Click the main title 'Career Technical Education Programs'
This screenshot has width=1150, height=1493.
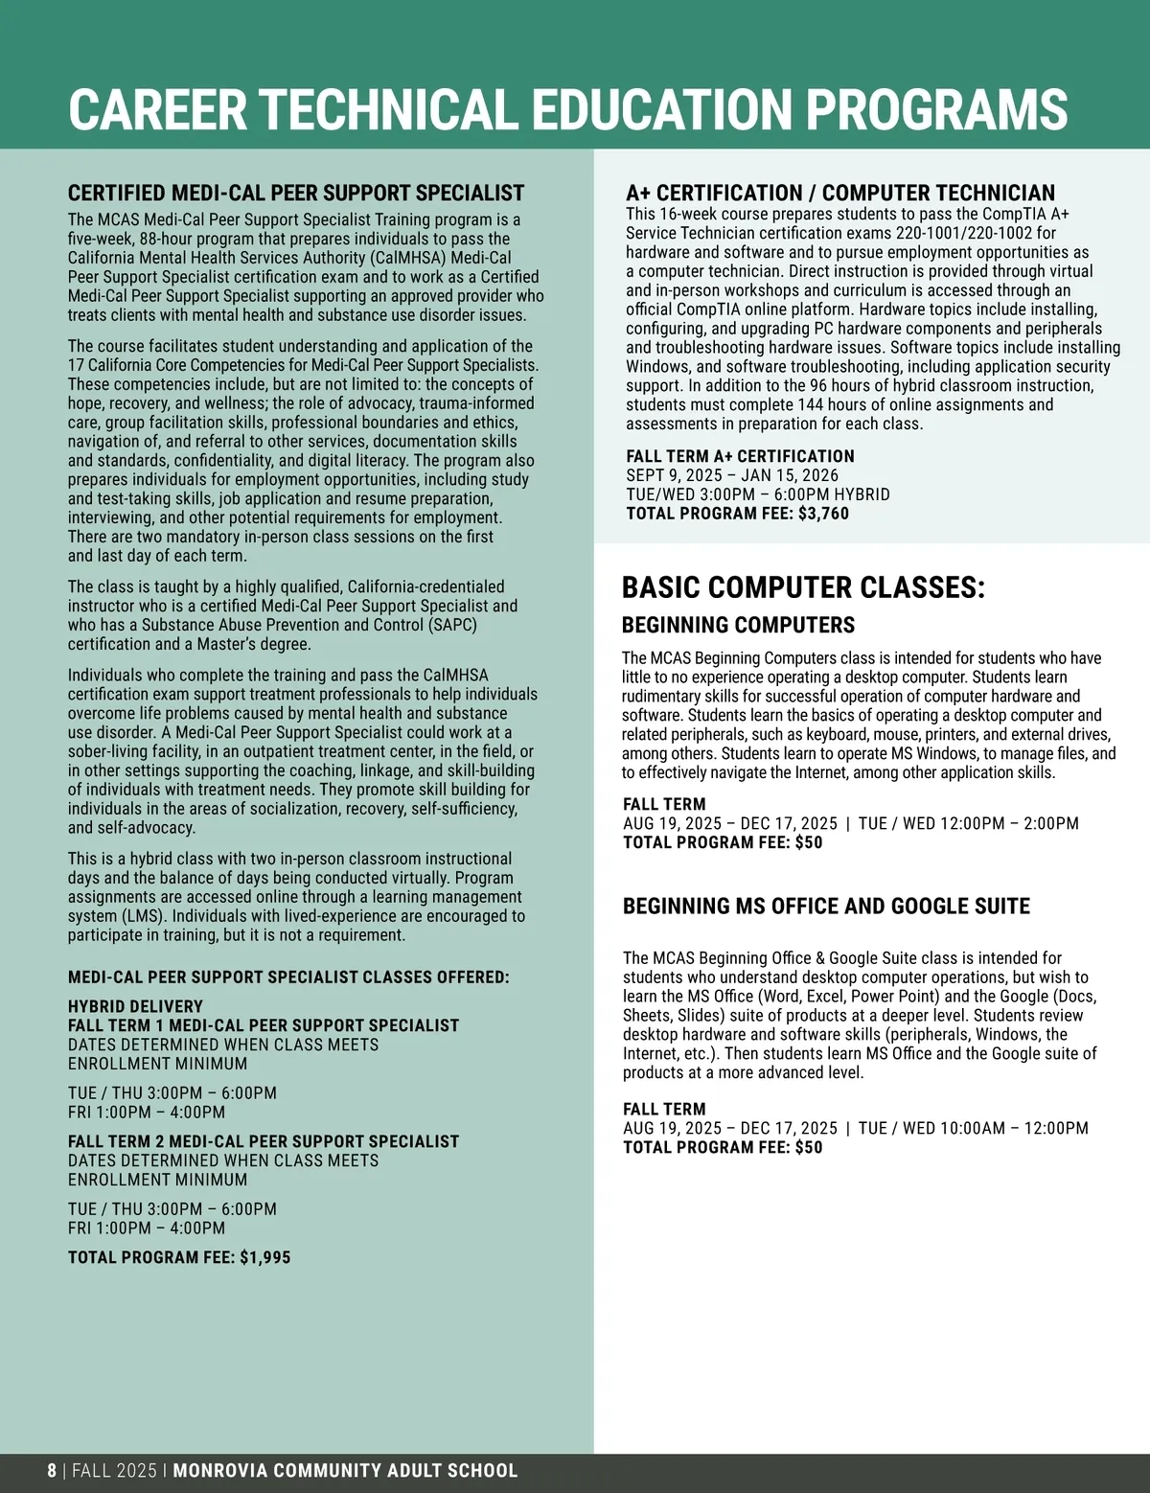coord(567,109)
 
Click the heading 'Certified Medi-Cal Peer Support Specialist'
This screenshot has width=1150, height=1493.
coord(296,193)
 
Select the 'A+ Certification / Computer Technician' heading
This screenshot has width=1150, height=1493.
coord(840,193)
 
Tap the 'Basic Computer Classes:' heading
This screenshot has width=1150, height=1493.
coord(803,587)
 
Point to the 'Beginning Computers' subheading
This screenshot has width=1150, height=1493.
coord(738,625)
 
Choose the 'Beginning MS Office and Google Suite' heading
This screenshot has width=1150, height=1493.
coord(826,906)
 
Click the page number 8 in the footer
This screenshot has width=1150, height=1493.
coord(52,1471)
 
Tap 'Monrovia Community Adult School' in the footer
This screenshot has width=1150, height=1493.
coord(345,1471)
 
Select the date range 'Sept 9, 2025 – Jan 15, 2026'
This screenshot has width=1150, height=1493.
coord(732,475)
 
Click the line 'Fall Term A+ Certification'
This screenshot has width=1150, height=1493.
coord(740,456)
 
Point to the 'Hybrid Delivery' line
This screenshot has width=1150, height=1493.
coord(135,1006)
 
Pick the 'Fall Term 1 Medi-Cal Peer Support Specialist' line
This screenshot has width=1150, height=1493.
coord(264,1025)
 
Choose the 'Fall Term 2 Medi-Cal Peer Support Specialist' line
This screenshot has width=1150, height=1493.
coord(264,1141)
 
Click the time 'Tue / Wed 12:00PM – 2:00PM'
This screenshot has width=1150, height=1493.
coord(968,823)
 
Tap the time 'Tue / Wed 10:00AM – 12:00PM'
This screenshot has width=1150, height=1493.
coord(973,1128)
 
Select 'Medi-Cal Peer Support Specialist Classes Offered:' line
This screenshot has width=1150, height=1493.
coord(288,977)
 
